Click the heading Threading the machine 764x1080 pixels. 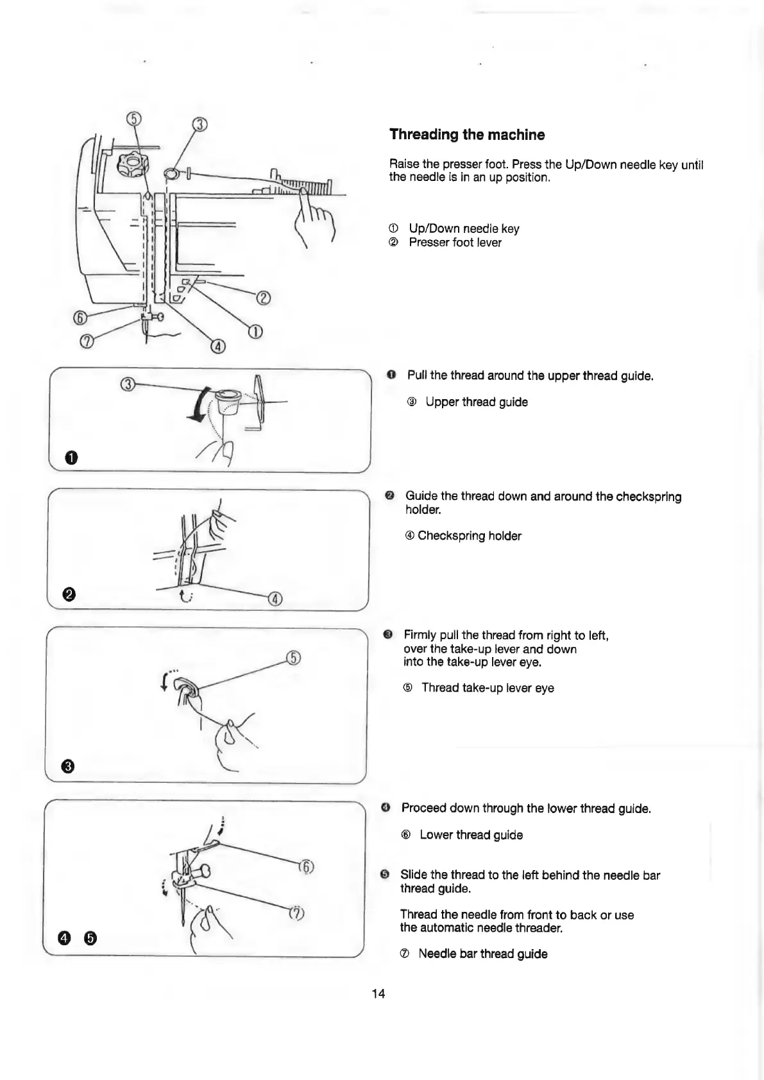pyautogui.click(x=467, y=135)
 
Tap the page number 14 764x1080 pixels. pyautogui.click(x=378, y=993)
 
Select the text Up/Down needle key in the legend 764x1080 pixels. pyautogui.click(x=464, y=228)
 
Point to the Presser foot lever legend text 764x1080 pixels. pyautogui.click(x=455, y=243)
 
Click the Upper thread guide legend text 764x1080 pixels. pyautogui.click(x=476, y=402)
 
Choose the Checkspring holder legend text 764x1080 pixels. pyautogui.click(x=469, y=536)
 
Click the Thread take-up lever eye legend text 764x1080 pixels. pyautogui.click(x=487, y=688)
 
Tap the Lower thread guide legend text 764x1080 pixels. pyautogui.click(x=471, y=835)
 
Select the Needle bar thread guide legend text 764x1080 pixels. pyautogui.click(x=482, y=954)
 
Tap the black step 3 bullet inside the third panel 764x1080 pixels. pyautogui.click(x=68, y=766)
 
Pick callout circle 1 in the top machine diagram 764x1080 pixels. pyautogui.click(x=255, y=332)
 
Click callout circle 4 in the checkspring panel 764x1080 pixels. pyautogui.click(x=275, y=599)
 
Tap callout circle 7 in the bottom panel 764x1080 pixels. pyautogui.click(x=296, y=913)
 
